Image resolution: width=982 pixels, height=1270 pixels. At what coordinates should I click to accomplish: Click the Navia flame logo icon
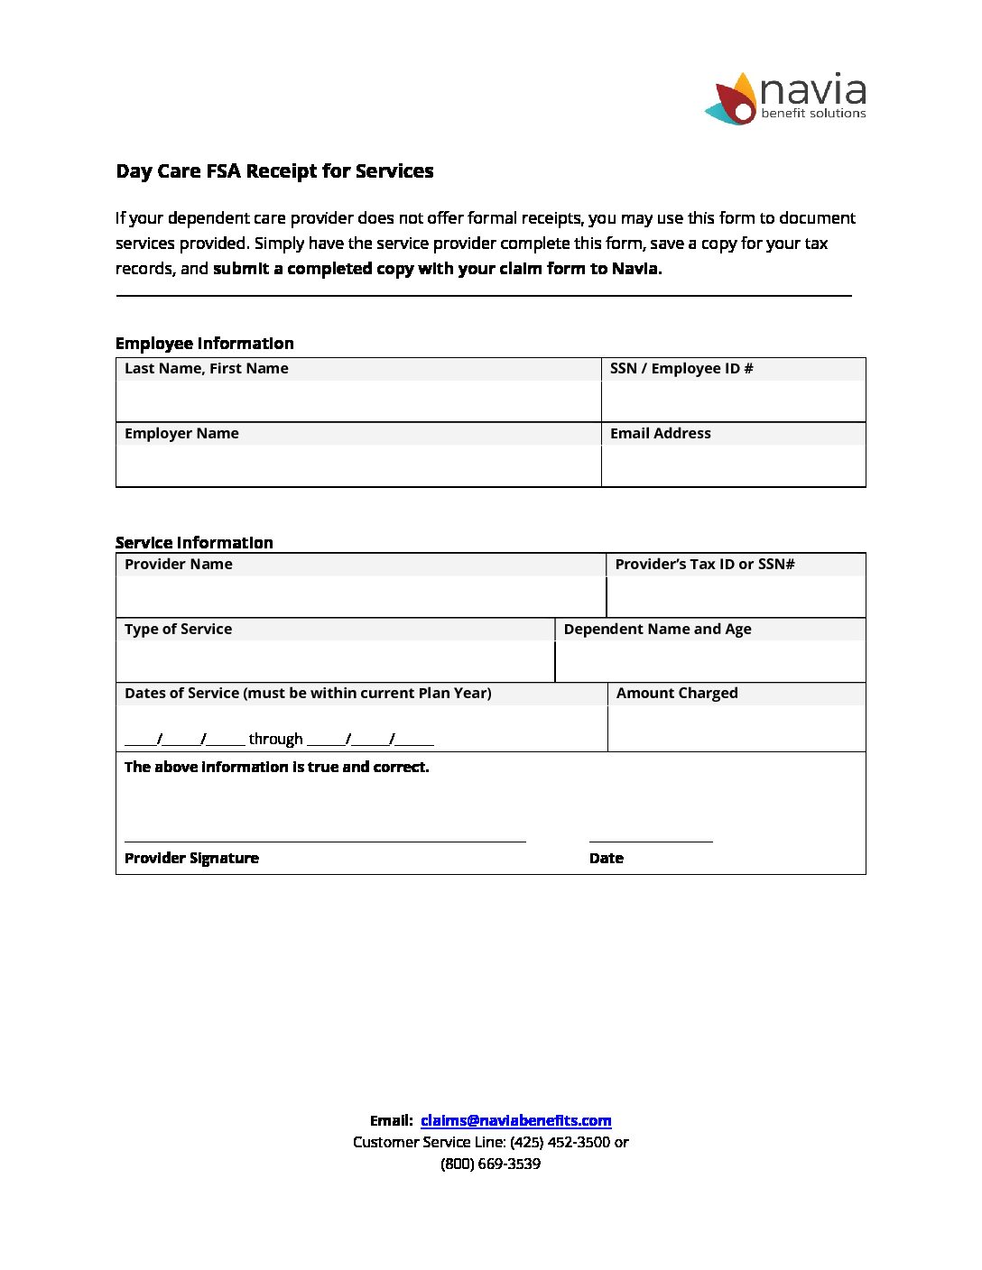[732, 99]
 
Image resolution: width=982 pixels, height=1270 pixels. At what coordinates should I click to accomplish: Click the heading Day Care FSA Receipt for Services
[274, 171]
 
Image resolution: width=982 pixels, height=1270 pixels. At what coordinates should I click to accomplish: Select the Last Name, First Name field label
[206, 368]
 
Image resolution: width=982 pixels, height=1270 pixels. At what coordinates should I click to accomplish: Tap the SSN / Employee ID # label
[681, 368]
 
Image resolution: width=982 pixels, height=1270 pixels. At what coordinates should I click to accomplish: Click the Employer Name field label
[181, 433]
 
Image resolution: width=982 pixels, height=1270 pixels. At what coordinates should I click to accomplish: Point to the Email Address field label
[660, 433]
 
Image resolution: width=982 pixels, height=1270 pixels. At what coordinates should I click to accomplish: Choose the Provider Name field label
[178, 564]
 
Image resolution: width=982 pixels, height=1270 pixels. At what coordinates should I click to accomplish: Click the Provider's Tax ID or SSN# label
[705, 564]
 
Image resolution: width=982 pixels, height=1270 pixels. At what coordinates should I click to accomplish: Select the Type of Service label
[178, 629]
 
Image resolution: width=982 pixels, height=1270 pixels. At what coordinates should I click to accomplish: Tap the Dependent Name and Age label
[657, 629]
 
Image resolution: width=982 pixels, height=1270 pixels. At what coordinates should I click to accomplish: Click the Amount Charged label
[677, 693]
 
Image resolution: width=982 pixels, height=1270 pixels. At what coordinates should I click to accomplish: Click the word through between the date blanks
[275, 739]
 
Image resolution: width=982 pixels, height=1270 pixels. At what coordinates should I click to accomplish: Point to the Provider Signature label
[191, 858]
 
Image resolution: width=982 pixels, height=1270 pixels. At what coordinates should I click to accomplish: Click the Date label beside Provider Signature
[606, 858]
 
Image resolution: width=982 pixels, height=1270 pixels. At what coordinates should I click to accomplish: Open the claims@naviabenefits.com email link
[515, 1120]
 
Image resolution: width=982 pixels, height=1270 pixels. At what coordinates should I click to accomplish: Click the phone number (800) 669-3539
[490, 1164]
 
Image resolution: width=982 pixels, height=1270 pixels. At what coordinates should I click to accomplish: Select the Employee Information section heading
[204, 344]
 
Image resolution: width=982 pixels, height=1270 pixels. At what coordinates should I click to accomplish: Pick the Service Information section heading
[194, 542]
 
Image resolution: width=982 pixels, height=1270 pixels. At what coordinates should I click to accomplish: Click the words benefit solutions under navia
[813, 114]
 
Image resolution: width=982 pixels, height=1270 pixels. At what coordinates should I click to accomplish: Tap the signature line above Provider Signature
[325, 841]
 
